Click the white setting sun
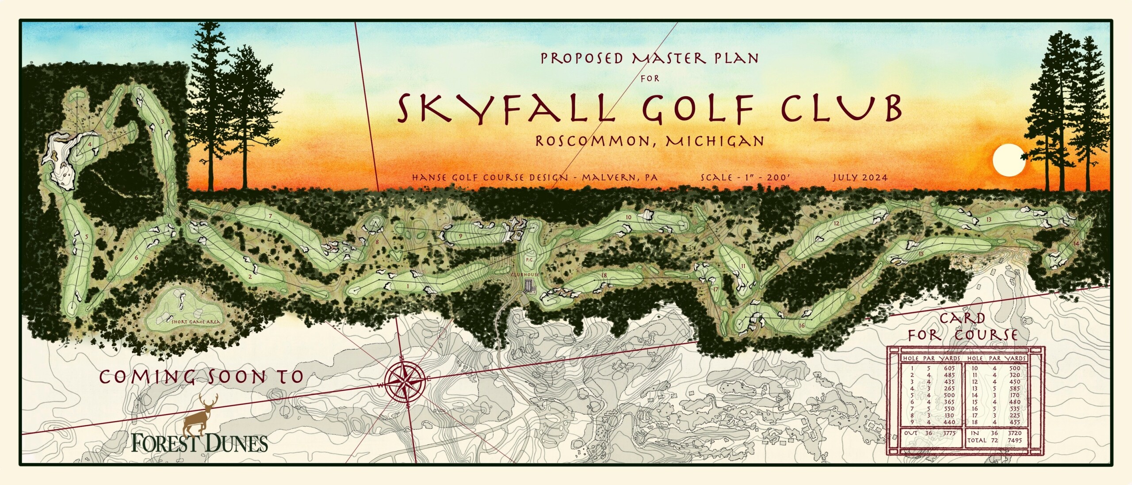click(x=1009, y=160)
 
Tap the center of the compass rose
click(x=405, y=380)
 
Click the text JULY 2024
click(x=860, y=178)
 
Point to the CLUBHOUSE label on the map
click(x=525, y=274)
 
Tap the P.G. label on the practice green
click(x=530, y=260)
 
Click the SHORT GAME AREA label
click(x=195, y=322)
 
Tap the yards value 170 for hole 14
click(x=1015, y=395)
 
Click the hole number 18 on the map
click(x=604, y=275)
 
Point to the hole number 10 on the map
click(x=628, y=217)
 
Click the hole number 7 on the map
click(x=270, y=216)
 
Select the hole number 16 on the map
click(x=802, y=326)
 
